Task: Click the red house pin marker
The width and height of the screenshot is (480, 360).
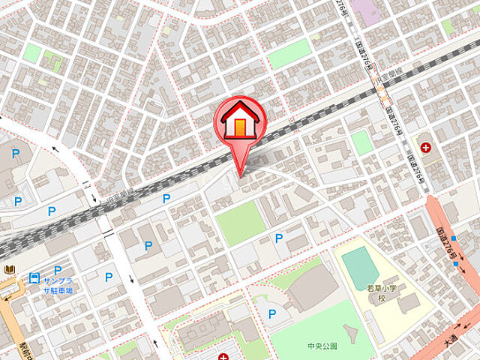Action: [241, 122]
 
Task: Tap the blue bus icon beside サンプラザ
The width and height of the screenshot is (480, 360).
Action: [34, 278]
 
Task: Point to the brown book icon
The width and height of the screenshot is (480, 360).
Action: [9, 269]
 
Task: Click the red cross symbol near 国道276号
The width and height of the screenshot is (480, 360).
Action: [426, 148]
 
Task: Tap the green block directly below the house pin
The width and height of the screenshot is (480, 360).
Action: [241, 223]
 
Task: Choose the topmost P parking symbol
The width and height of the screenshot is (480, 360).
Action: [16, 154]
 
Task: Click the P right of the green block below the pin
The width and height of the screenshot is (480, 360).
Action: [279, 238]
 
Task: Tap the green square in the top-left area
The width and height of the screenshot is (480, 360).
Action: [32, 52]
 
